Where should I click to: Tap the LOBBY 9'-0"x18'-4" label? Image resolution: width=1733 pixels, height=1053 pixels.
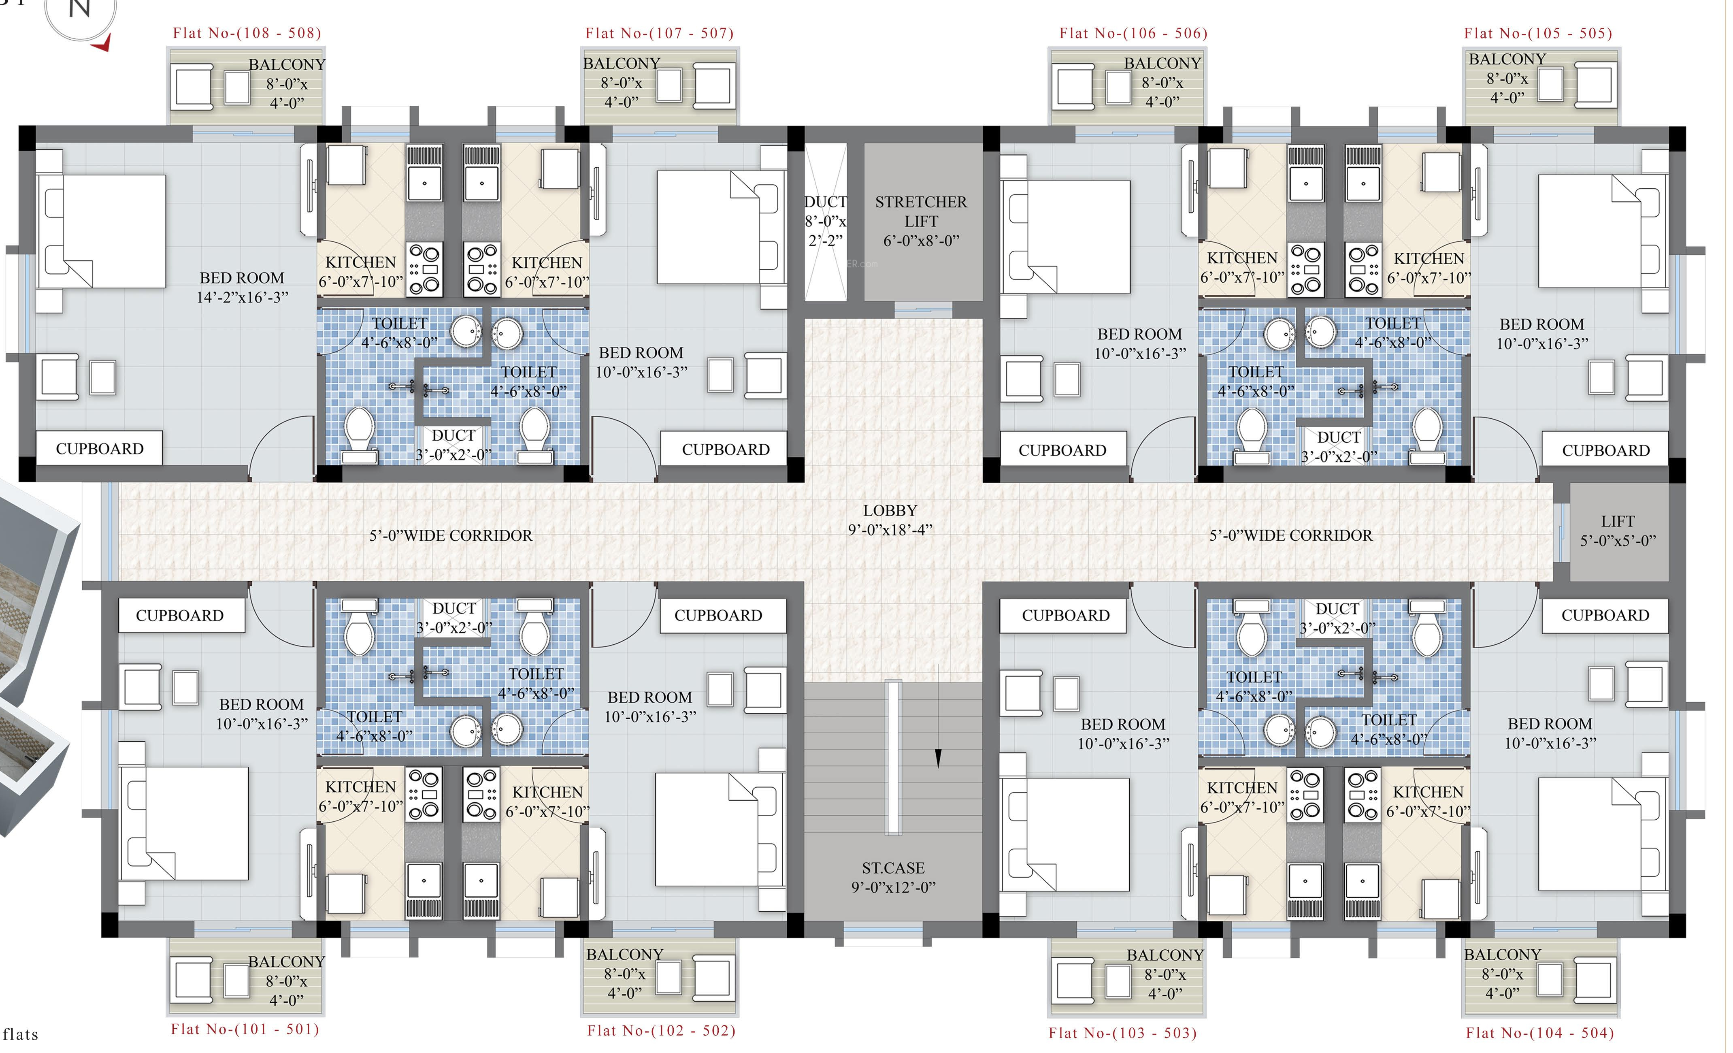tap(890, 520)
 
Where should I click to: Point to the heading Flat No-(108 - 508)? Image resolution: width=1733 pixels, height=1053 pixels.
tap(247, 33)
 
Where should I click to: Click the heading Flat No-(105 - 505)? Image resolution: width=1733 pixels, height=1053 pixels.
tap(1538, 33)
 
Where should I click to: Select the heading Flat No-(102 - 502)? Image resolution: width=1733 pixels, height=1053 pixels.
tap(661, 1030)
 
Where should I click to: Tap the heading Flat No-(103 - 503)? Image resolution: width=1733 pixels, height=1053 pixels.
tap(1122, 1033)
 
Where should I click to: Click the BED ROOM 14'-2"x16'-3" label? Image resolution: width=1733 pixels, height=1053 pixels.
tap(242, 288)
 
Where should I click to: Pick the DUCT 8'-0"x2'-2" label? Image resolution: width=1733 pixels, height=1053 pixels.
tap(826, 221)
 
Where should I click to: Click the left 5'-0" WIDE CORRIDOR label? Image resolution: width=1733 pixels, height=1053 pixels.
tap(451, 535)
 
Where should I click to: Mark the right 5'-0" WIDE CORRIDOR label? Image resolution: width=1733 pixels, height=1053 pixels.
tap(1290, 535)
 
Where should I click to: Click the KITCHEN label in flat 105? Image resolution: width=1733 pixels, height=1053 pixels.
tap(1429, 258)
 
